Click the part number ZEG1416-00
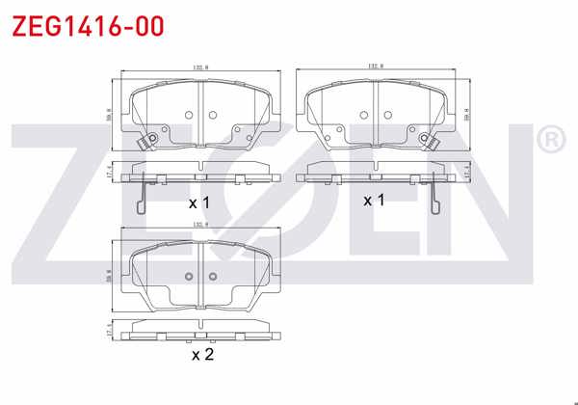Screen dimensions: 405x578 pyautogui.click(x=86, y=24)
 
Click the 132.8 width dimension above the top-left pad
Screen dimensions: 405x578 pyautogui.click(x=201, y=68)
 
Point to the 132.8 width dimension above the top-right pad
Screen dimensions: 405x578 pyautogui.click(x=376, y=67)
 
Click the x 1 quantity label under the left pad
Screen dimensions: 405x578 pyautogui.click(x=198, y=203)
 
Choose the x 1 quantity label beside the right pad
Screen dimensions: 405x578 pyautogui.click(x=374, y=200)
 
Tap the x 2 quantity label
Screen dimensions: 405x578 pyautogui.click(x=202, y=354)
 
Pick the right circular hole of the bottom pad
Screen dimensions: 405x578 pyautogui.click(x=214, y=277)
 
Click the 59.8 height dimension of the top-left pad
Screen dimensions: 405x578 pyautogui.click(x=109, y=113)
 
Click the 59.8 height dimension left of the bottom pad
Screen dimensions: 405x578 pyautogui.click(x=109, y=275)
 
